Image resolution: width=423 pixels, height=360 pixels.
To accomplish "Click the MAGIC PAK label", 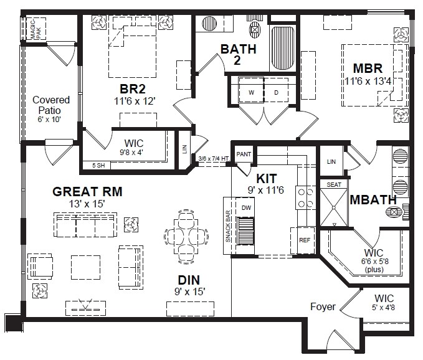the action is [x=36, y=29].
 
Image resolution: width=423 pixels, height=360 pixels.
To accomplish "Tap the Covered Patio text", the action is [x=50, y=105].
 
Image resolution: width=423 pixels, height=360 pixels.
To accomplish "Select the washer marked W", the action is [x=251, y=90].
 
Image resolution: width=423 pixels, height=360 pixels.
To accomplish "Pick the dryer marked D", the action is [x=276, y=90].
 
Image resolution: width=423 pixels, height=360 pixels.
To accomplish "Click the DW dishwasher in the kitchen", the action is [x=246, y=207].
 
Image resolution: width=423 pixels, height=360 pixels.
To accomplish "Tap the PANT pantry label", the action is [x=244, y=154].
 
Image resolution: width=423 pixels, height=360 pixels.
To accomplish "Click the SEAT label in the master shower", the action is [x=334, y=185].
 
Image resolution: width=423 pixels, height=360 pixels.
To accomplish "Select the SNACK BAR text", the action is [x=228, y=226].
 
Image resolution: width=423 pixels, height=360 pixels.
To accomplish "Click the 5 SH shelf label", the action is [x=98, y=166].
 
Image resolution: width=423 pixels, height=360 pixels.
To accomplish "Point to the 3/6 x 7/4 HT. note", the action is [x=214, y=159].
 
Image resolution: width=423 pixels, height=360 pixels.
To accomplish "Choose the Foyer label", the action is [x=323, y=307].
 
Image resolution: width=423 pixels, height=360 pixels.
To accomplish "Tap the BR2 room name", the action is [x=133, y=88].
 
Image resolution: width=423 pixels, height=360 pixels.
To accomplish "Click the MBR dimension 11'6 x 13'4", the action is [x=368, y=81].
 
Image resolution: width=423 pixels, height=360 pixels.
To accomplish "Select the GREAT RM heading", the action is [x=87, y=191].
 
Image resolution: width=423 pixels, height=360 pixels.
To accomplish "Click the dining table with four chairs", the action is [x=186, y=237].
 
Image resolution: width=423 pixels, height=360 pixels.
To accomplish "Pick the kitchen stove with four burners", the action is [x=306, y=197].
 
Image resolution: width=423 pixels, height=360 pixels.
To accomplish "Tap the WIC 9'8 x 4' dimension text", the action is [x=131, y=153].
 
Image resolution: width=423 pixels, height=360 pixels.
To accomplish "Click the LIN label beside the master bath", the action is [x=331, y=161].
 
